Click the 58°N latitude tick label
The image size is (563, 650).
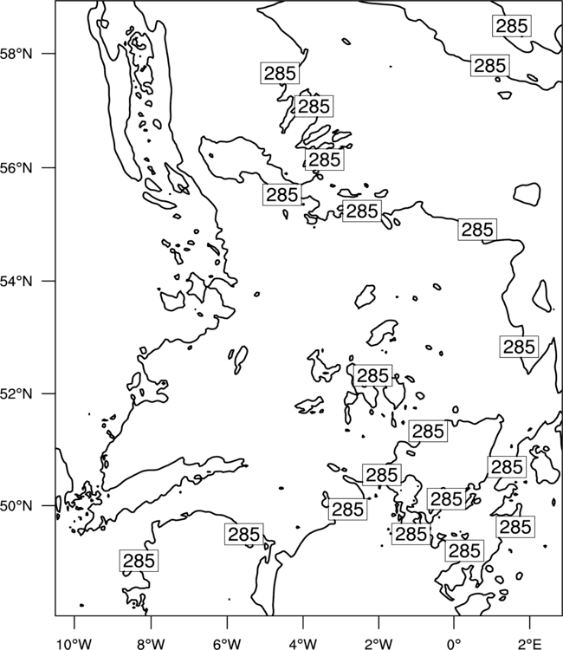(16, 54)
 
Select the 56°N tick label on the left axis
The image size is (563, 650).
(16, 168)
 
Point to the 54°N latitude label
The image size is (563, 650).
(16, 281)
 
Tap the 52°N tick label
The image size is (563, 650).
(16, 393)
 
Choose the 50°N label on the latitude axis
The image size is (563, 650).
(16, 506)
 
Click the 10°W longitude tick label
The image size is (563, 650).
(74, 644)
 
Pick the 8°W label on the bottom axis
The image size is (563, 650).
(151, 644)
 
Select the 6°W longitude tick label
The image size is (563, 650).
(227, 644)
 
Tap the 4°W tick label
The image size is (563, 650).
(302, 644)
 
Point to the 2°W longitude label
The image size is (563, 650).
(379, 644)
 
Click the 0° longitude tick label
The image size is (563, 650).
(454, 644)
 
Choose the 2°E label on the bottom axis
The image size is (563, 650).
(530, 644)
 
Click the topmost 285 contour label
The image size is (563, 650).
(512, 26)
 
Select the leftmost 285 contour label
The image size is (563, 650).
(139, 561)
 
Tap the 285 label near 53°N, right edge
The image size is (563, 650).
(519, 347)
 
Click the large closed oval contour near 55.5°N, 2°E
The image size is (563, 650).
(527, 194)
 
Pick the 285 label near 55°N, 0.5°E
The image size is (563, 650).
(477, 230)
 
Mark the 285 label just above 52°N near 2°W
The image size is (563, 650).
(372, 375)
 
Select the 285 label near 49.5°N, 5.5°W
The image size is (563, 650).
(244, 535)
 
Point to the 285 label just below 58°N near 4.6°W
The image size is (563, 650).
(280, 73)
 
